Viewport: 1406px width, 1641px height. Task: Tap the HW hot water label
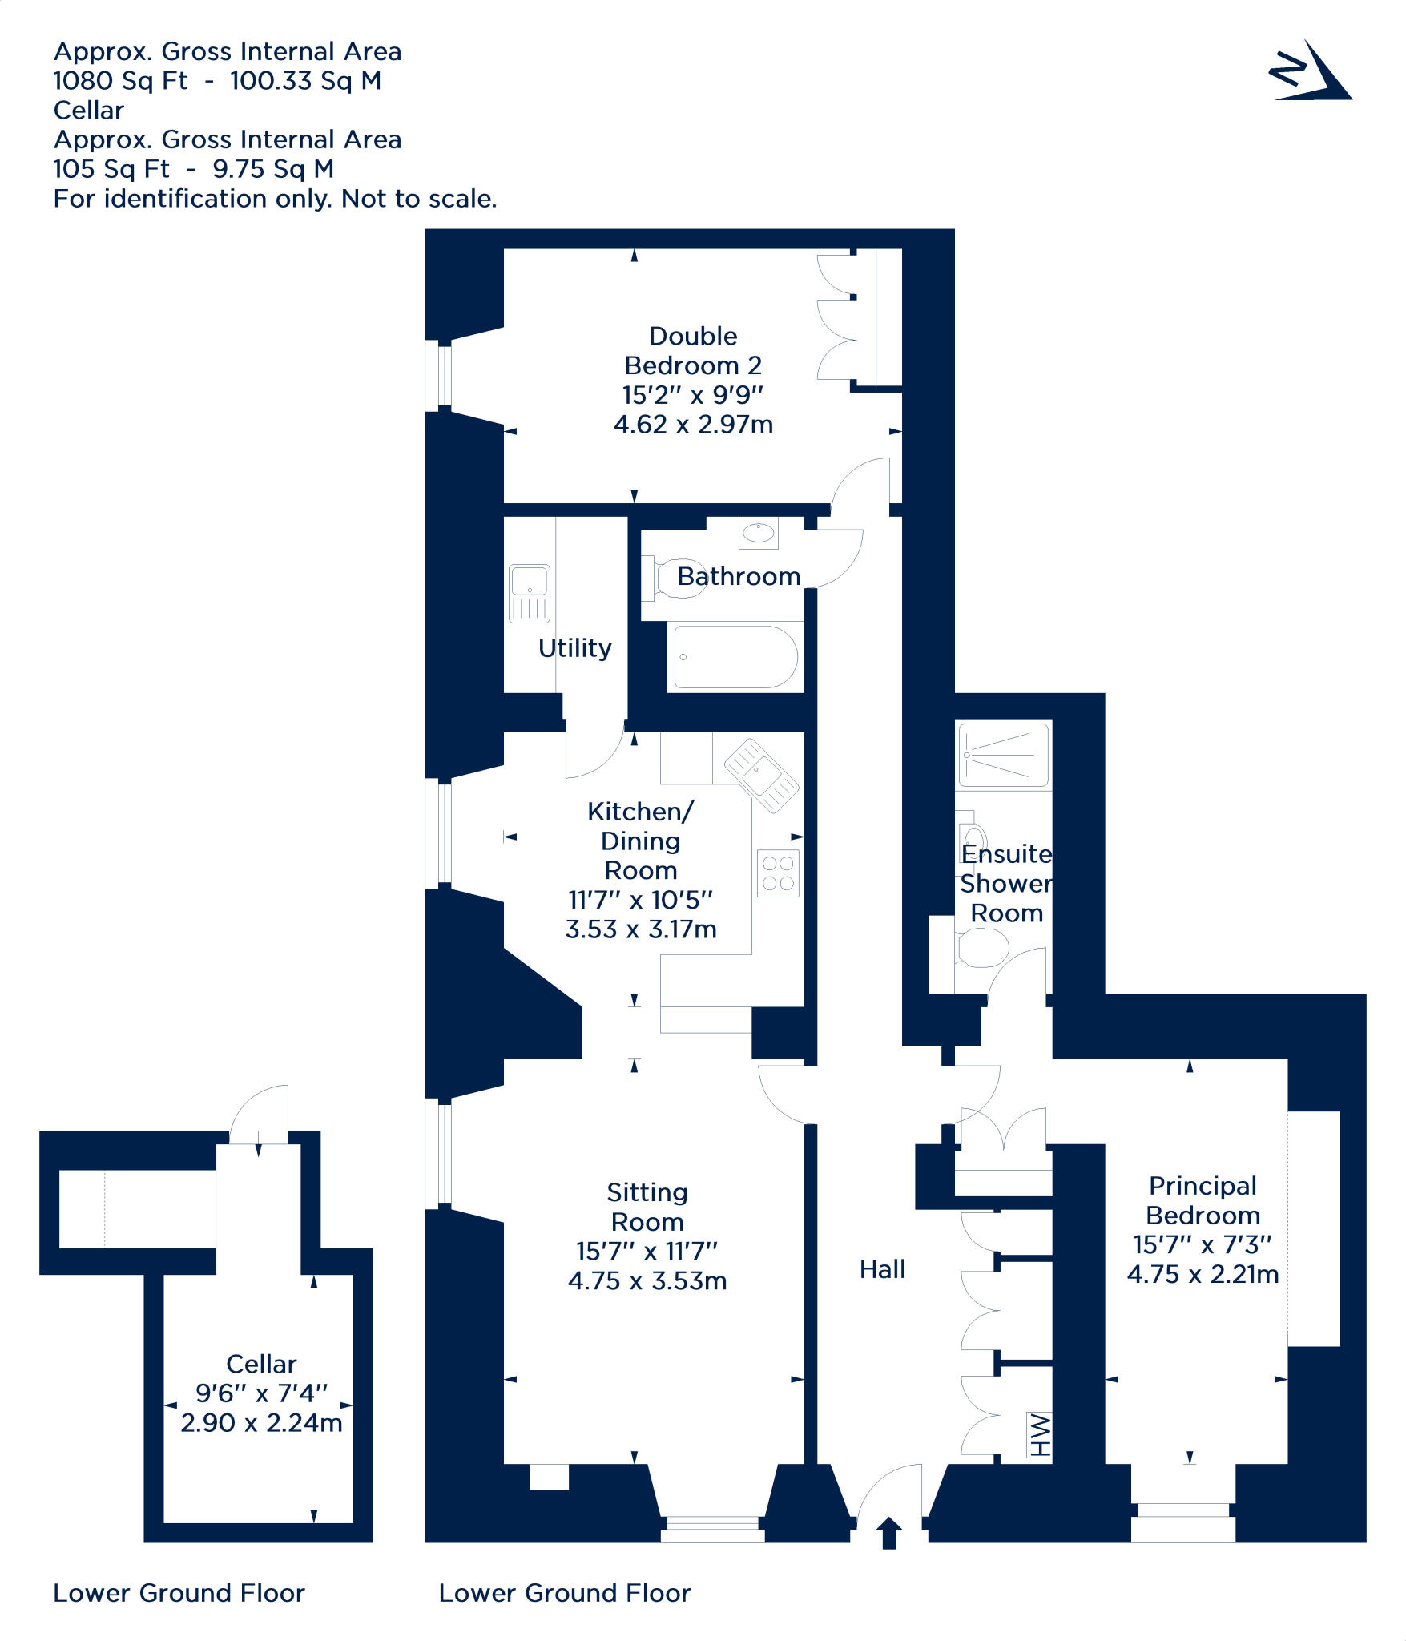pos(1039,1435)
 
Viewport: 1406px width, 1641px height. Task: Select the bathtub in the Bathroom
pos(735,657)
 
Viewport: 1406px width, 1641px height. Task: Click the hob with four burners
pos(778,873)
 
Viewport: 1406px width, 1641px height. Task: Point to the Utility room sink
pos(530,594)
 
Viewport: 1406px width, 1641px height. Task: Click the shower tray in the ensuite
pos(1005,755)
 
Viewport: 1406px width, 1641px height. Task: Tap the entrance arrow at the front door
pos(889,1532)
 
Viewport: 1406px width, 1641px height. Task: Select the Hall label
pos(882,1269)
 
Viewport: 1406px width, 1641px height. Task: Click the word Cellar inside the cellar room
pos(261,1364)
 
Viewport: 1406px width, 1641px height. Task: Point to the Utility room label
pos(574,647)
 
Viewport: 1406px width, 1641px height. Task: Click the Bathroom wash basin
pos(758,533)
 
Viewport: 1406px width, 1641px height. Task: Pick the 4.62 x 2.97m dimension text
pos(693,424)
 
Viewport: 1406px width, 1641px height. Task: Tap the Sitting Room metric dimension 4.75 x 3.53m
pos(647,1280)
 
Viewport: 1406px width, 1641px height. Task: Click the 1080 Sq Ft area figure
pos(120,81)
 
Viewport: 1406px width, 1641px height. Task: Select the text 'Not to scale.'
pos(419,199)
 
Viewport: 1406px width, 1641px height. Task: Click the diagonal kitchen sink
pos(761,775)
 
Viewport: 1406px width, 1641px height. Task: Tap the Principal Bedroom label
pos(1203,1200)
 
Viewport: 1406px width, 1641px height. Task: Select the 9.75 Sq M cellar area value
pos(273,169)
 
